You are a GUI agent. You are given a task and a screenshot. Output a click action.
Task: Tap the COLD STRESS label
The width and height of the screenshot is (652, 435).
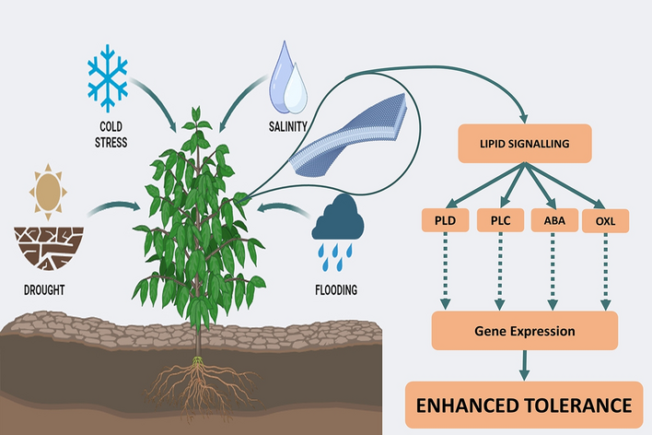(x=110, y=135)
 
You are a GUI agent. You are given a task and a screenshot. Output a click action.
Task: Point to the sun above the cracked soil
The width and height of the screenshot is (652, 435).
(x=48, y=189)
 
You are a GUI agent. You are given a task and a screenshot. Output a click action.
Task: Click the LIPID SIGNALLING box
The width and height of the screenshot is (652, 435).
(x=524, y=145)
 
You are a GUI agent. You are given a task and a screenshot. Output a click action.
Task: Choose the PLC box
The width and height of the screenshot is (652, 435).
(x=501, y=221)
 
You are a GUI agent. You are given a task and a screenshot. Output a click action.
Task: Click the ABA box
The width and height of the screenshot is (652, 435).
(x=556, y=221)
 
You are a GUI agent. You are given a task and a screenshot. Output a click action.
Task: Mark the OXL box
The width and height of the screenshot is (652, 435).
(x=606, y=221)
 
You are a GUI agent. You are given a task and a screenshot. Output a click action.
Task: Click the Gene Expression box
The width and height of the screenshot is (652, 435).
(x=524, y=330)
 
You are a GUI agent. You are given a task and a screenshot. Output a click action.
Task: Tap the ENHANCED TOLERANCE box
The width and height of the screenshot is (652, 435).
(x=525, y=404)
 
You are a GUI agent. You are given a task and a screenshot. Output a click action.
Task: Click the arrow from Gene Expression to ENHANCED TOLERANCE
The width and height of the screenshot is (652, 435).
(x=524, y=365)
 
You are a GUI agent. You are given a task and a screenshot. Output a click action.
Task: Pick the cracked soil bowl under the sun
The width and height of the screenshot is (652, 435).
(x=47, y=244)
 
